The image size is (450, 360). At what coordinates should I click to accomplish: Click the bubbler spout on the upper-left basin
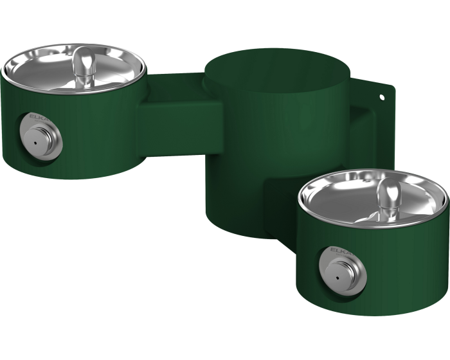click(82, 65)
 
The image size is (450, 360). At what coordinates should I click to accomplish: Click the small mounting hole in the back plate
click(382, 98)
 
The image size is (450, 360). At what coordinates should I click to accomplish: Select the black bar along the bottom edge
click(225, 338)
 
